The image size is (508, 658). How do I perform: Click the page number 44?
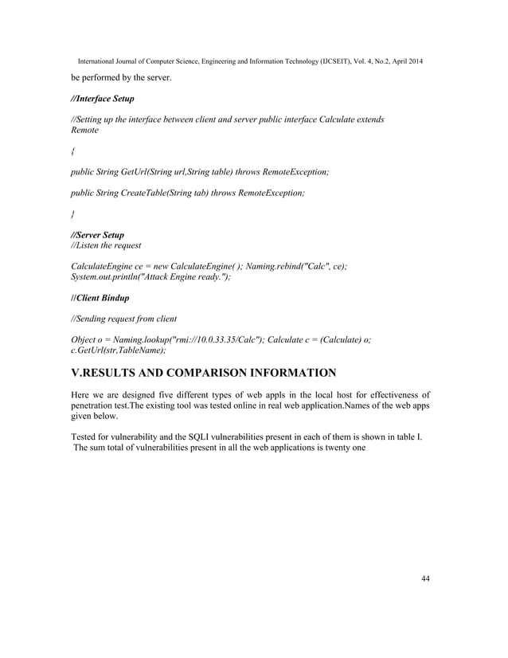pos(425,578)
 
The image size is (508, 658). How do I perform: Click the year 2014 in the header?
pos(414,62)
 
